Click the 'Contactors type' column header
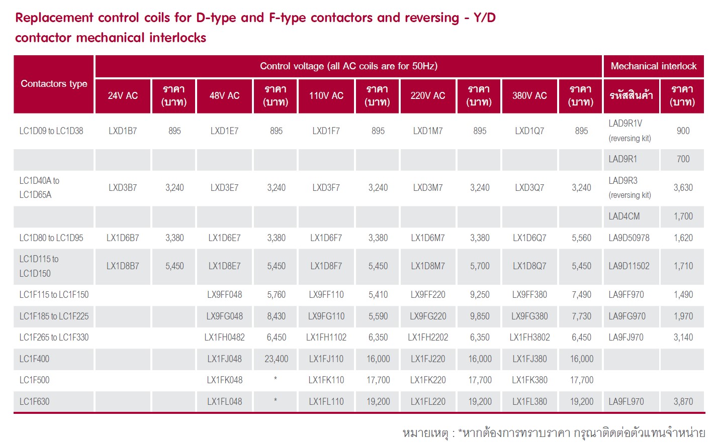pos(54,84)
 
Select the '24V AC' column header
pos(123,95)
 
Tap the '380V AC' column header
pos(529,95)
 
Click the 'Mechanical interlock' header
pos(653,66)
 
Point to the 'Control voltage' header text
pos(348,66)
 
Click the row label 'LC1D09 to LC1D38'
pos(51,131)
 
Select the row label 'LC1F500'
pos(34,380)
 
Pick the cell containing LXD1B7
pos(123,131)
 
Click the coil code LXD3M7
pos(428,188)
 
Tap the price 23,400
pos(276,359)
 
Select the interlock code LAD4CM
pos(624,216)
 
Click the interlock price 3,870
pos(683,402)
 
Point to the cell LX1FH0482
pos(224,338)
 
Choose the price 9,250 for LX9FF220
pos(479,295)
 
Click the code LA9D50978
pos(629,238)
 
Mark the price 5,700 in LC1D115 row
pos(479,266)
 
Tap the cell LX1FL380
pos(529,402)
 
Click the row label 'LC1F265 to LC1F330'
pos(54,338)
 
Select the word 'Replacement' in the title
pos(54,18)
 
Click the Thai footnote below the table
pos(554,433)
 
